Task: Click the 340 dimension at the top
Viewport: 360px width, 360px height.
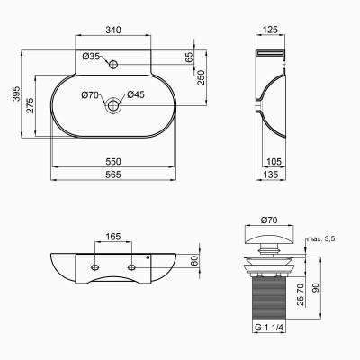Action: [113, 30]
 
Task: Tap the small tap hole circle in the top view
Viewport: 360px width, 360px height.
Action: [112, 65]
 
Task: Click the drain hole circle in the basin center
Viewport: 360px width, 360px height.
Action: [112, 105]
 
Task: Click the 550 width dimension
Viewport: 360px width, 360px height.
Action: [113, 159]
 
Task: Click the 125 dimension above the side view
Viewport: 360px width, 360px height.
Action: [267, 30]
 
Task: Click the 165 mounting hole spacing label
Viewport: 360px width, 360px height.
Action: [113, 237]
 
